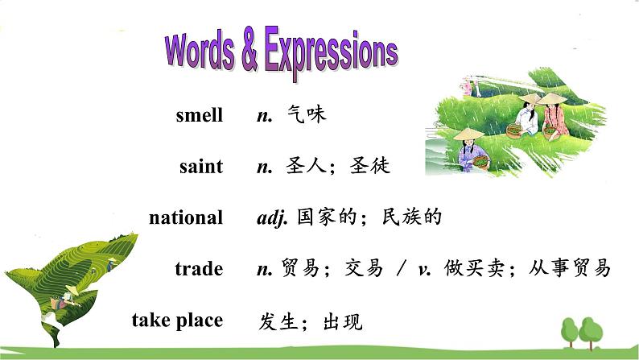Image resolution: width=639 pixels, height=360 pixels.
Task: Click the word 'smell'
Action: point(199,115)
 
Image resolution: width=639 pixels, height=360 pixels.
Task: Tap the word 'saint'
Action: point(201,167)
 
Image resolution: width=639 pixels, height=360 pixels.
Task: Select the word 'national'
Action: point(186,217)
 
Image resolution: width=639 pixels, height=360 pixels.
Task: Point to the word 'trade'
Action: point(198,268)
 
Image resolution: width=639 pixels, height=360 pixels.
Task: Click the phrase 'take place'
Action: point(177,320)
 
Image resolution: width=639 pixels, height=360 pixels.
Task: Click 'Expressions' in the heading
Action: point(331,52)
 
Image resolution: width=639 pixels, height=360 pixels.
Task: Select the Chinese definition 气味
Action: point(307,115)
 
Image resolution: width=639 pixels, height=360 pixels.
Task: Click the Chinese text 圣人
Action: point(307,167)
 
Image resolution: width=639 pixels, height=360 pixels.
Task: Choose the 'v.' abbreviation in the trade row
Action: point(424,268)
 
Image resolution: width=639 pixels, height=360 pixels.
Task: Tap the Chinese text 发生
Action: point(278,321)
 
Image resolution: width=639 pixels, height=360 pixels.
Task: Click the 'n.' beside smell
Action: point(264,116)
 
